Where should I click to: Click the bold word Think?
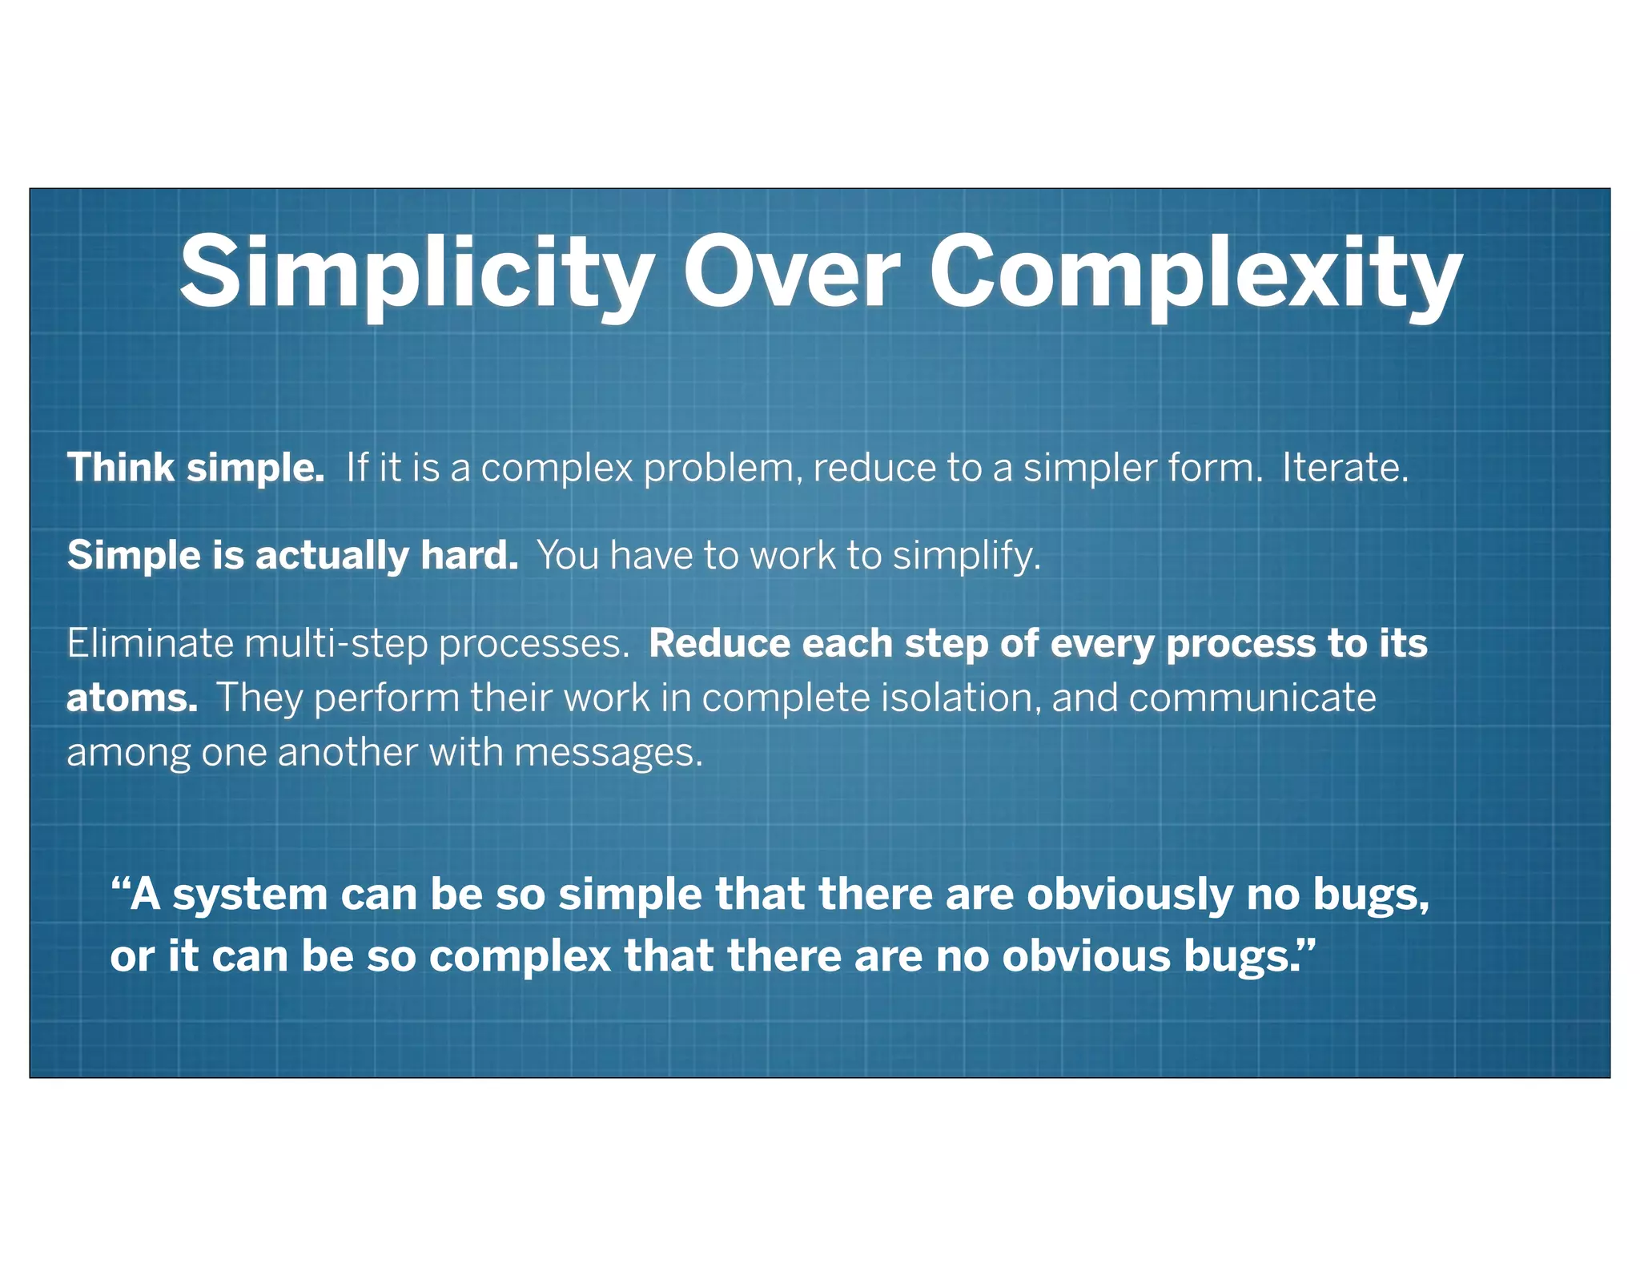(x=121, y=467)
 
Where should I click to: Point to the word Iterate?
(x=1345, y=467)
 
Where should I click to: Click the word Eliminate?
(x=149, y=643)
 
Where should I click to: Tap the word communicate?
(x=1252, y=698)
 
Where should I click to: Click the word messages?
(x=608, y=753)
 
